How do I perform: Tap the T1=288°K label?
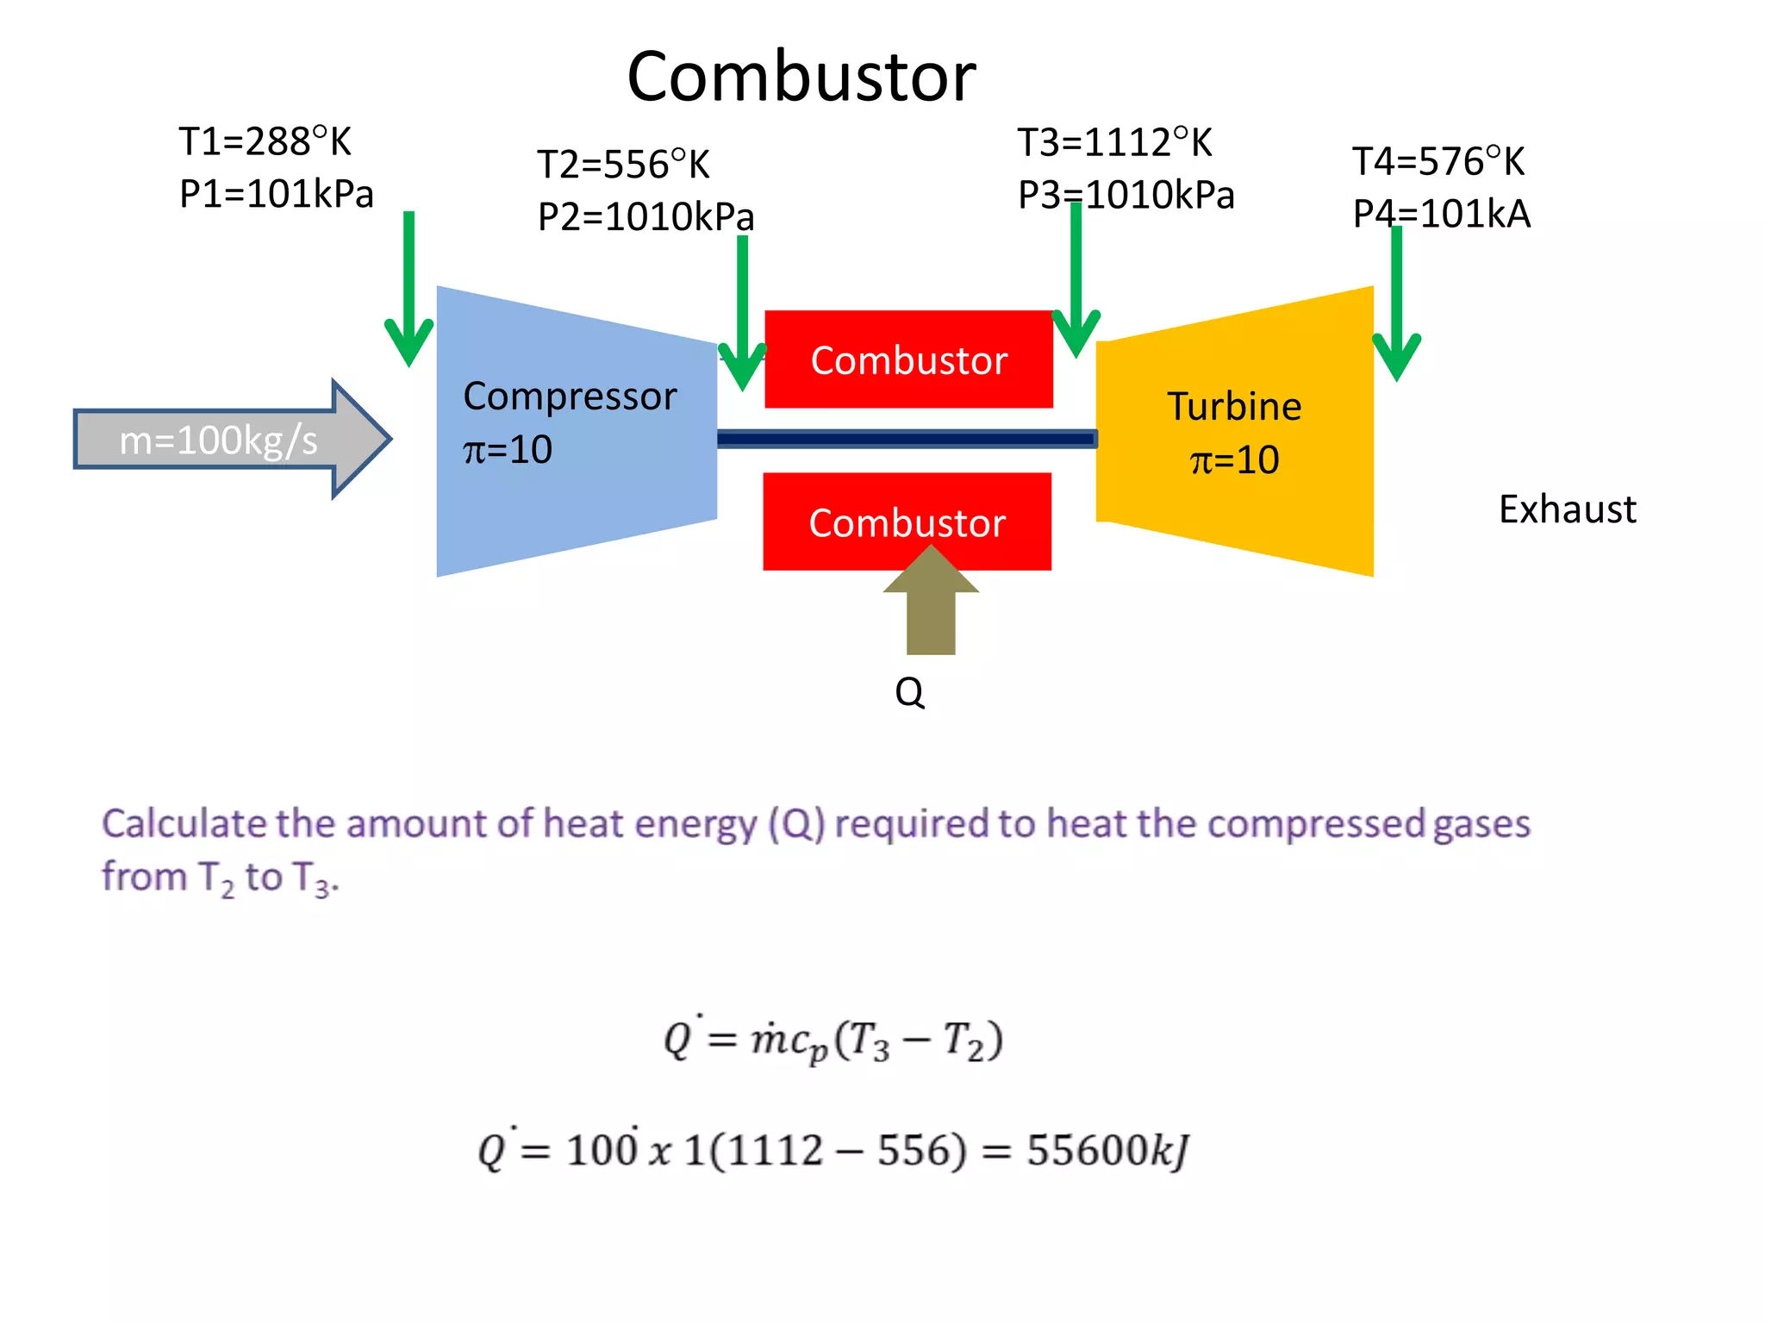click(x=265, y=141)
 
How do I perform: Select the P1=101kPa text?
click(x=276, y=194)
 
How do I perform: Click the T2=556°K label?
click(x=623, y=165)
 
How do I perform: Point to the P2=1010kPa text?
click(x=646, y=216)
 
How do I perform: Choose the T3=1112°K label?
click(x=1114, y=143)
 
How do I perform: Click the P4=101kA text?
click(x=1441, y=214)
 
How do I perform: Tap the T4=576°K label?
click(x=1438, y=162)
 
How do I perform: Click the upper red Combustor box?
click(x=908, y=359)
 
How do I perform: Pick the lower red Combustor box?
click(x=907, y=522)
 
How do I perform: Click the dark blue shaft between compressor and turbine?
click(x=905, y=440)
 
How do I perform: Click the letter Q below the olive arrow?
click(x=909, y=692)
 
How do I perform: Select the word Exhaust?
click(x=1567, y=509)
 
